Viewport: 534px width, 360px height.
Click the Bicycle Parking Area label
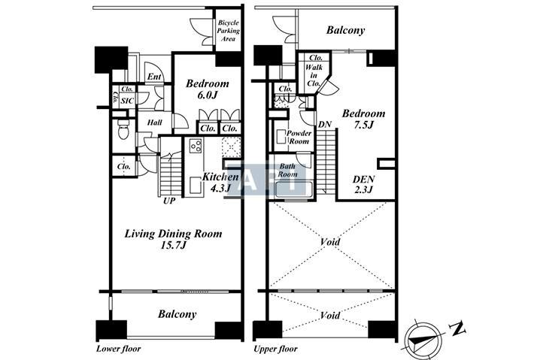click(x=229, y=31)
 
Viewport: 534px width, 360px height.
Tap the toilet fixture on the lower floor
click(x=123, y=129)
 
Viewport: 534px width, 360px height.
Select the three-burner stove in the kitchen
click(x=196, y=146)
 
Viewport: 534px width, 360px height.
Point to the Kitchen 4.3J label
click(x=220, y=182)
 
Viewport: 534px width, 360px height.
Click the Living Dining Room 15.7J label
click(x=173, y=239)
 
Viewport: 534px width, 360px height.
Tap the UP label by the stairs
click(x=169, y=201)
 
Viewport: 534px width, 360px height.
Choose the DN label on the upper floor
click(x=325, y=125)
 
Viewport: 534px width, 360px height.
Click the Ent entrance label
click(x=154, y=77)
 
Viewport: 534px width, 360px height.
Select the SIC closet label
click(x=127, y=101)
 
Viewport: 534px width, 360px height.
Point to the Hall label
click(x=154, y=123)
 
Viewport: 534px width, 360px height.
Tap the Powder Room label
click(x=299, y=137)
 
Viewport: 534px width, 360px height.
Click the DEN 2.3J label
click(x=363, y=184)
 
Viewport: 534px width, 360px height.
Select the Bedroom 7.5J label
click(x=363, y=119)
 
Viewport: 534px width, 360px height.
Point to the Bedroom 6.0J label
click(x=207, y=89)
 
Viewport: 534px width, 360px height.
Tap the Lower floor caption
click(x=118, y=349)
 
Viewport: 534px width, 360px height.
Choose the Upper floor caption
click(x=275, y=349)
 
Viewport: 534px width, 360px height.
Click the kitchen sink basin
click(x=196, y=186)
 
